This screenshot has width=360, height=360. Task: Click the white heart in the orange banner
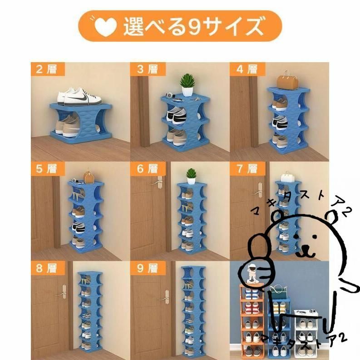point(106,26)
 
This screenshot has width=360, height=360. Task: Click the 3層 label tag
point(148,69)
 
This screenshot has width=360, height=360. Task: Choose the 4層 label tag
point(247,69)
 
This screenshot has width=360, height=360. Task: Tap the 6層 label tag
point(148,169)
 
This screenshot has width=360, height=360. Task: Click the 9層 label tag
point(148,268)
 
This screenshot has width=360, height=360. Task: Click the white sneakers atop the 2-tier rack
point(79,97)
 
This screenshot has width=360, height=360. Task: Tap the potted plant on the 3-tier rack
point(187,85)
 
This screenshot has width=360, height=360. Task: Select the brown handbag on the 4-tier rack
point(288,80)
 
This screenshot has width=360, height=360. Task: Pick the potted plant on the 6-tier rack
point(191,176)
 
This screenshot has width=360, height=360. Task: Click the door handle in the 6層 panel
point(157,182)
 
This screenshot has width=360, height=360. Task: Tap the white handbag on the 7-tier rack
point(288,177)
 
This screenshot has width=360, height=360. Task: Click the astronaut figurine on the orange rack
point(252,274)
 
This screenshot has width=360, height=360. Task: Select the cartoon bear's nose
point(306,248)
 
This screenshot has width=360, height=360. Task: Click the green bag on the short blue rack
point(279,291)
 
